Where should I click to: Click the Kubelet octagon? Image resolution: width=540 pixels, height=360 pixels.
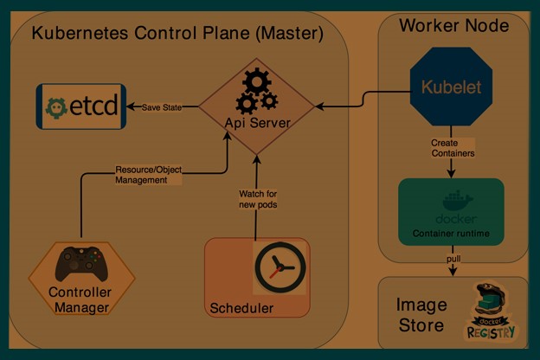pyautogui.click(x=450, y=87)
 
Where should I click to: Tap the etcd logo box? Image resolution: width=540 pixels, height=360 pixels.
pyautogui.click(x=80, y=106)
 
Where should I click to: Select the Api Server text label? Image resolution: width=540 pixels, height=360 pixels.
pyautogui.click(x=257, y=124)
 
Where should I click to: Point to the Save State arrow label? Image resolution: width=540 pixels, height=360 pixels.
pyautogui.click(x=163, y=106)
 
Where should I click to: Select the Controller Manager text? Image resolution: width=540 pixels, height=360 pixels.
pyautogui.click(x=79, y=299)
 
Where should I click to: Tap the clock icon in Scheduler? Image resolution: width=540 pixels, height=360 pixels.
pyautogui.click(x=279, y=267)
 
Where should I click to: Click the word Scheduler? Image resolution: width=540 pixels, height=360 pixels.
pyautogui.click(x=241, y=308)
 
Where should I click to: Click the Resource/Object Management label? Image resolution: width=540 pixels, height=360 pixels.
pyautogui.click(x=148, y=175)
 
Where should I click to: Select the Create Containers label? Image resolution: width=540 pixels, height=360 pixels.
pyautogui.click(x=453, y=147)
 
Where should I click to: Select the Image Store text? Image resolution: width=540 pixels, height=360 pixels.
pyautogui.click(x=421, y=315)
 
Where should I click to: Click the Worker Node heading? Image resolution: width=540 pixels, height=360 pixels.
pyautogui.click(x=453, y=25)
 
